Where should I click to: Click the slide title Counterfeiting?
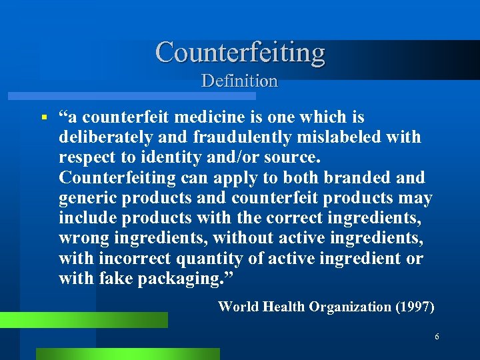point(240,52)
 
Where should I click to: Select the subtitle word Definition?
point(239,81)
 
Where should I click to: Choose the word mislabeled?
point(340,137)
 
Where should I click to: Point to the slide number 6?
point(437,337)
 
